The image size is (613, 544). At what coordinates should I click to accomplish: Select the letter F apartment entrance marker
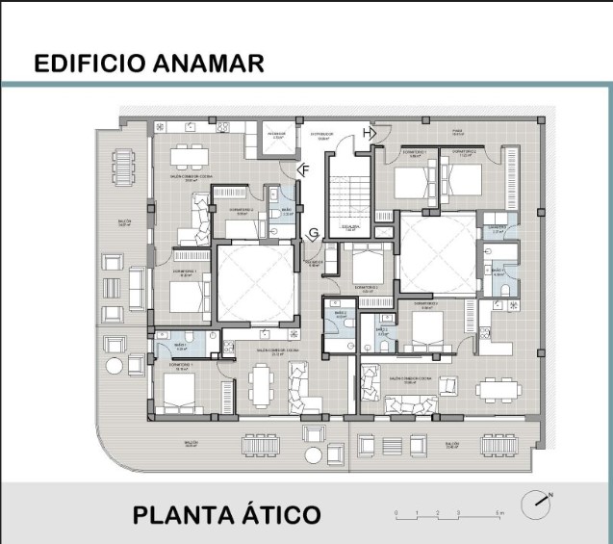(304, 170)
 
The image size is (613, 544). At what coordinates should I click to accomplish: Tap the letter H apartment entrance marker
(368, 132)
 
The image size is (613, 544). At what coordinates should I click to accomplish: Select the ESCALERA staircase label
(349, 227)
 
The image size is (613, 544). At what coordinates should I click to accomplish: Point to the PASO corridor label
(458, 132)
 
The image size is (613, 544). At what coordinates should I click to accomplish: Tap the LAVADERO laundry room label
(497, 229)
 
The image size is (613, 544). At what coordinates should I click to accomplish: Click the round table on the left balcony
(115, 365)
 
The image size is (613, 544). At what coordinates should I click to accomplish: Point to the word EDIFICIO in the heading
(89, 64)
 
